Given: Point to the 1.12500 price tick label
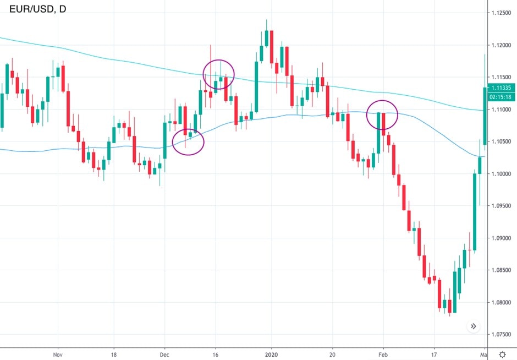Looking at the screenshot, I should click(x=502, y=13).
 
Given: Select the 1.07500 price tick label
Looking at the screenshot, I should click(x=502, y=334).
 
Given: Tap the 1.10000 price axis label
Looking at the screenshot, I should click(x=502, y=174).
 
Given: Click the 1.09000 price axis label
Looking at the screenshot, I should click(x=502, y=238).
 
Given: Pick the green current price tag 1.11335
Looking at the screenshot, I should click(x=502, y=88).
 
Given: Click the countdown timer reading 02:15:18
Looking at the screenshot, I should click(x=502, y=97).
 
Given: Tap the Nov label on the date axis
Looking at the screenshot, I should click(x=57, y=354).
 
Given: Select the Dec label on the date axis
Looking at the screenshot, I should click(x=164, y=354).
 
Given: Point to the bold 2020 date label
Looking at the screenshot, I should click(x=272, y=354).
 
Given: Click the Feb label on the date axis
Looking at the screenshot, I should click(x=383, y=354).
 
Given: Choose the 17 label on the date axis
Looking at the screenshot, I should click(x=435, y=354).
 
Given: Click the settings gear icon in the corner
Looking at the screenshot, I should click(x=502, y=354).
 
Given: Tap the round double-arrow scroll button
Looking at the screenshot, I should click(x=474, y=326).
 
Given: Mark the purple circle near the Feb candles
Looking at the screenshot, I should click(x=382, y=115).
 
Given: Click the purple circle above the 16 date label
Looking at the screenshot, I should click(x=218, y=74).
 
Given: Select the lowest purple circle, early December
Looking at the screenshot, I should click(x=188, y=142).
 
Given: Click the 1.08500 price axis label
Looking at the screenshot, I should click(x=502, y=270).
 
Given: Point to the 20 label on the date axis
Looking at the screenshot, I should click(x=332, y=354).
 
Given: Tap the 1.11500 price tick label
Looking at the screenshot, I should click(x=502, y=77).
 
